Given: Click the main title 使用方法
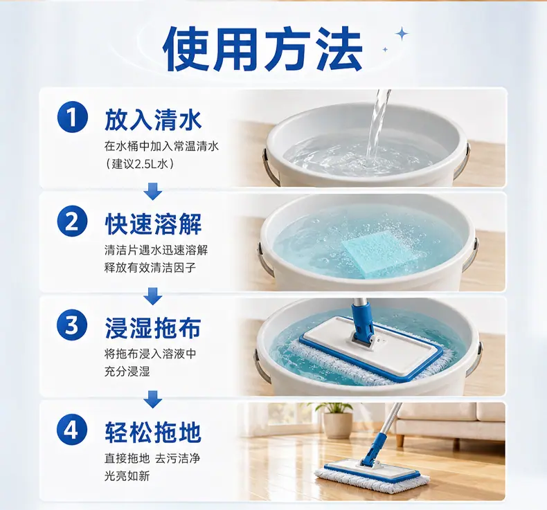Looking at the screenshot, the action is [262, 49].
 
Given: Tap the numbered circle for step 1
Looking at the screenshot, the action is [72, 118].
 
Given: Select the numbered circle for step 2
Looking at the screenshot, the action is [72, 221].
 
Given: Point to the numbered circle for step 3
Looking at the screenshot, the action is [72, 325].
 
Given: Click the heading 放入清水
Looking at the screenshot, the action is [153, 120].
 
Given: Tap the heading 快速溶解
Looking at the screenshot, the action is [153, 224].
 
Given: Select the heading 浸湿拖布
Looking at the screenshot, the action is [153, 327].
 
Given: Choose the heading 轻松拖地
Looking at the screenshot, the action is [153, 432].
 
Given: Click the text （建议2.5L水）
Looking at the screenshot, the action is [140, 164].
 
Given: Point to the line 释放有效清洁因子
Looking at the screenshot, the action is [150, 268].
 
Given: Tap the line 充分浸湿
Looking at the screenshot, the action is [127, 372].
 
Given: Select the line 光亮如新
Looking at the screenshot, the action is [127, 476].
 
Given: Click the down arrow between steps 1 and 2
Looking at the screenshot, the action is [153, 191].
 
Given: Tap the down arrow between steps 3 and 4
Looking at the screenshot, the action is [153, 399].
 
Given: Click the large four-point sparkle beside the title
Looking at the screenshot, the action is [402, 34].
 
